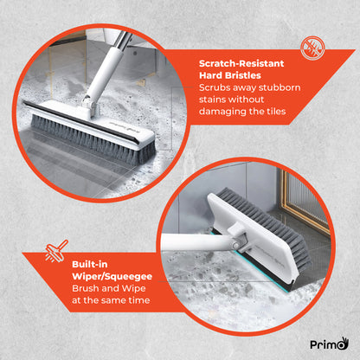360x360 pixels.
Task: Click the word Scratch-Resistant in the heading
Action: click(238, 63)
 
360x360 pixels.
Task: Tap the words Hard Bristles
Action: click(227, 75)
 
